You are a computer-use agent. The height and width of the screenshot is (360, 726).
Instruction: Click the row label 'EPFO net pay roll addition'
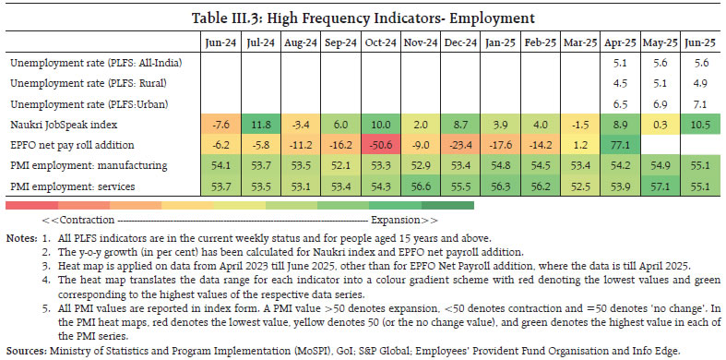pos(74,144)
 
